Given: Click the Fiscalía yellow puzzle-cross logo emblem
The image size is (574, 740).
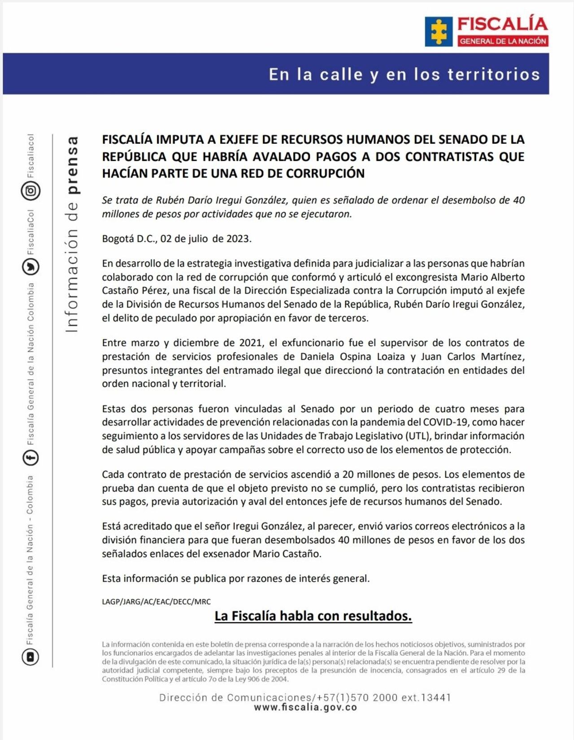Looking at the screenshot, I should pyautogui.click(x=439, y=31).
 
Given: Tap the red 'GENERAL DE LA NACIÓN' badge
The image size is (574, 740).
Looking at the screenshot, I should pyautogui.click(x=503, y=41).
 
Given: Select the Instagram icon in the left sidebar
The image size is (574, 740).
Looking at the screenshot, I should pyautogui.click(x=30, y=191).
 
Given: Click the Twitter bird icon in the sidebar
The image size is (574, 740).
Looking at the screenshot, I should pyautogui.click(x=30, y=267).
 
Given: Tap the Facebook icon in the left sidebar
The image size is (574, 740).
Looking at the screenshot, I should pyautogui.click(x=30, y=458).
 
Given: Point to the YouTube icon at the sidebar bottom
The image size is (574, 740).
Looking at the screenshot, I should pyautogui.click(x=30, y=657).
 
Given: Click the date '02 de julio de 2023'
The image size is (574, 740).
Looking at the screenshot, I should pyautogui.click(x=206, y=238).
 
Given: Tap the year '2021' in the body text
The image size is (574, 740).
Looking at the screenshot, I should pyautogui.click(x=251, y=343).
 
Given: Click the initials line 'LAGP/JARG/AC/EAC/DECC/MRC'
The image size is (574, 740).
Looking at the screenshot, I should pyautogui.click(x=156, y=602).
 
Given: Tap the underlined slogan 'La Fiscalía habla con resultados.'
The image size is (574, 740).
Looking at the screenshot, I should pyautogui.click(x=313, y=616).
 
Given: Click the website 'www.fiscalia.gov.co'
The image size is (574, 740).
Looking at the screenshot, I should pyautogui.click(x=305, y=708).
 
